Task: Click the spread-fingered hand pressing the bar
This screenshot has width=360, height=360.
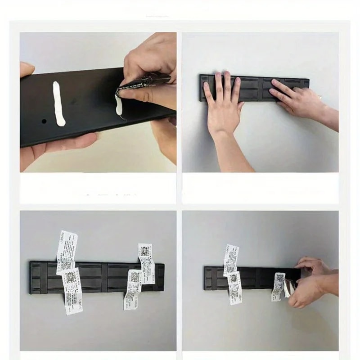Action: (223, 106)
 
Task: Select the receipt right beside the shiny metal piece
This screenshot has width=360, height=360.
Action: (278, 286)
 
